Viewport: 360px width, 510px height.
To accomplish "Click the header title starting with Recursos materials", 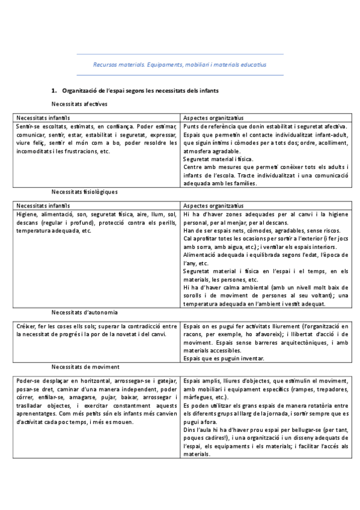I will tap(180, 64).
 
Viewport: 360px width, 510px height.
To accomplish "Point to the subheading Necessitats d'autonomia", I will tap(84, 312).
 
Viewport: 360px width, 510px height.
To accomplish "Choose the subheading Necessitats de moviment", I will tap(85, 366).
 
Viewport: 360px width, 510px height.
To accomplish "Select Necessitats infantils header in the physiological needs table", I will tap(43, 205).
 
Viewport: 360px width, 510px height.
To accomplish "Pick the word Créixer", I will tap(26, 325).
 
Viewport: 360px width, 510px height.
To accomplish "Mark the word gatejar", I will tap(167, 381).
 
